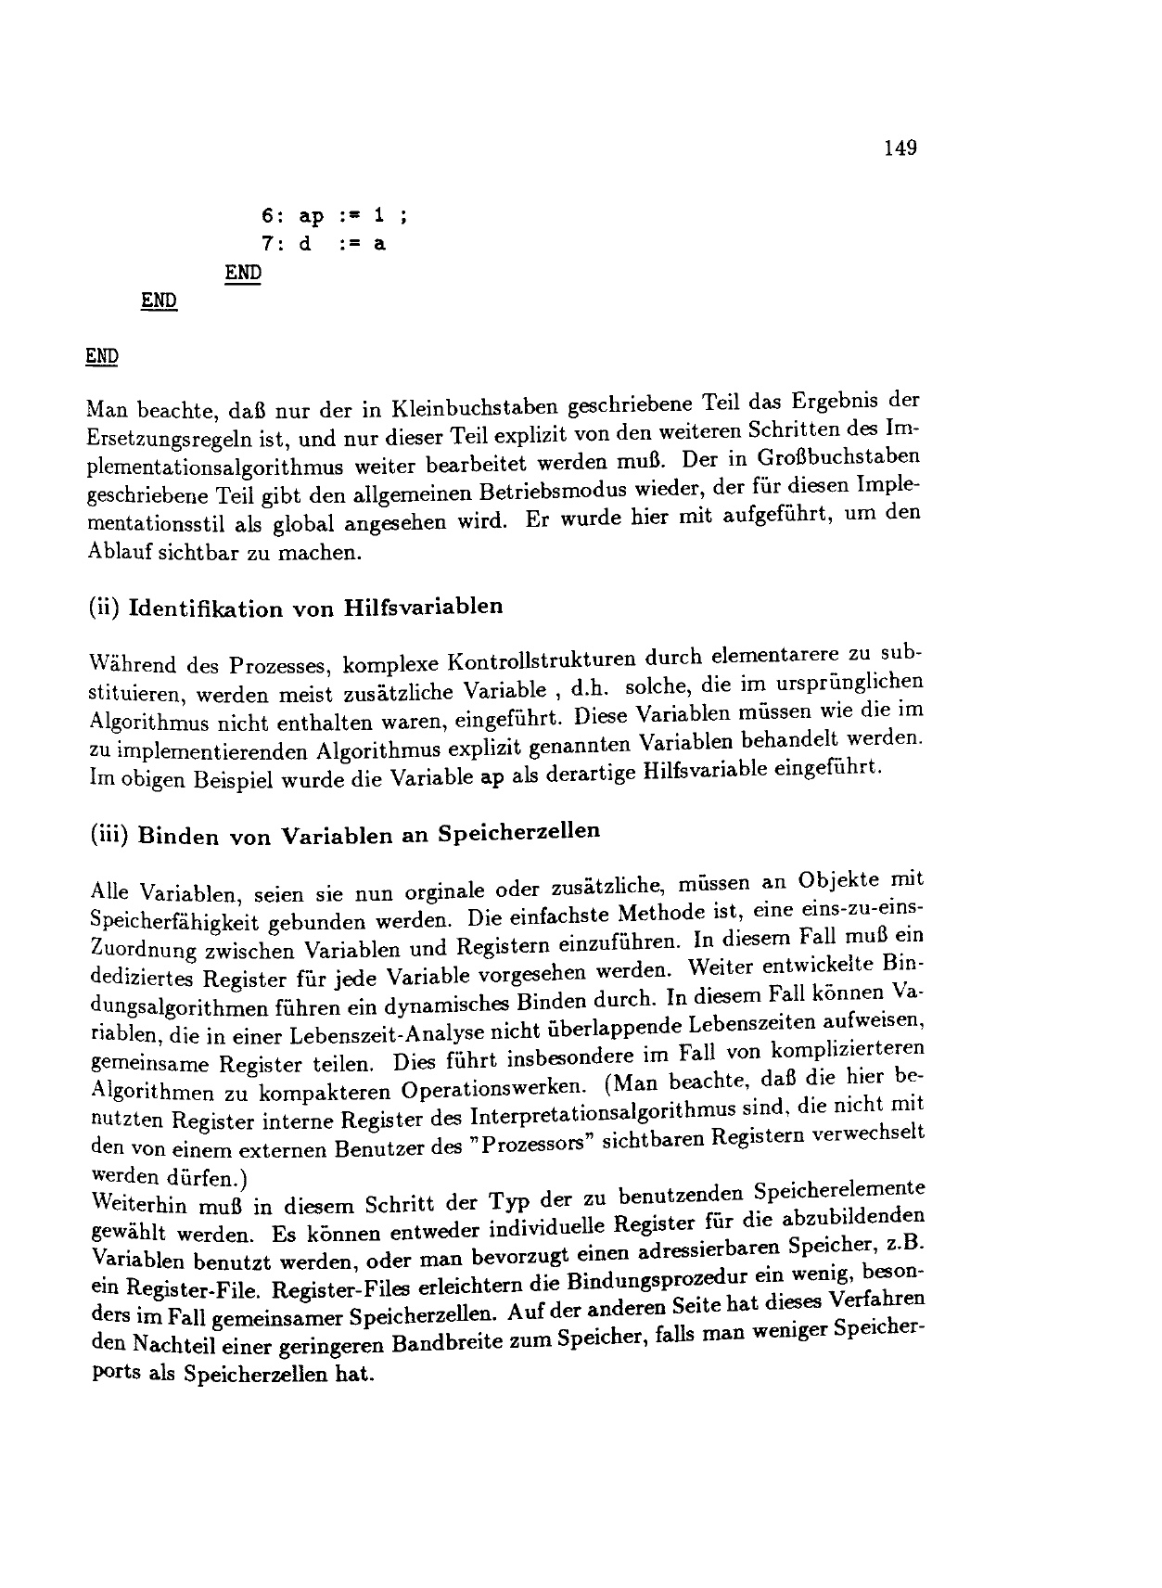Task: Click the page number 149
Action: click(x=900, y=147)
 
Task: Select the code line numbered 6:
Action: click(x=334, y=217)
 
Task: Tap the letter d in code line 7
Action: click(x=303, y=245)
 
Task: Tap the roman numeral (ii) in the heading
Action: click(x=101, y=609)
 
